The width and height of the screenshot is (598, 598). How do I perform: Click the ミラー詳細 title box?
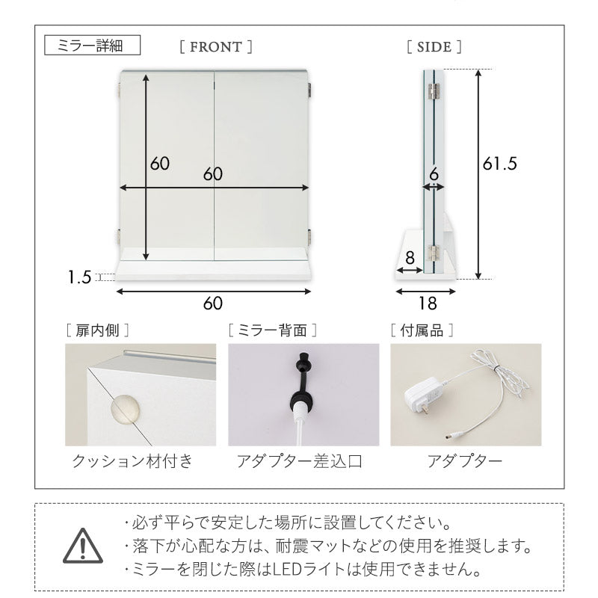click(x=93, y=46)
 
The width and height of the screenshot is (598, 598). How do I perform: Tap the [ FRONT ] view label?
click(x=216, y=46)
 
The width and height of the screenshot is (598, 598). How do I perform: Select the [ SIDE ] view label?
click(x=434, y=46)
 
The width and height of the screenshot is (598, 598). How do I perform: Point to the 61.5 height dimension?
click(x=499, y=164)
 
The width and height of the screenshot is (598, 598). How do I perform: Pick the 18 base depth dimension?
click(x=428, y=303)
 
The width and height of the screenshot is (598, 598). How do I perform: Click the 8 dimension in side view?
click(x=409, y=256)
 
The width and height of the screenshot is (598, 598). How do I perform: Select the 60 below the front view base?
click(x=213, y=303)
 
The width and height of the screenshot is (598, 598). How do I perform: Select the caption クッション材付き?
click(x=132, y=460)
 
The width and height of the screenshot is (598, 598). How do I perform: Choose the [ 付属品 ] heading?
click(x=421, y=328)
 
